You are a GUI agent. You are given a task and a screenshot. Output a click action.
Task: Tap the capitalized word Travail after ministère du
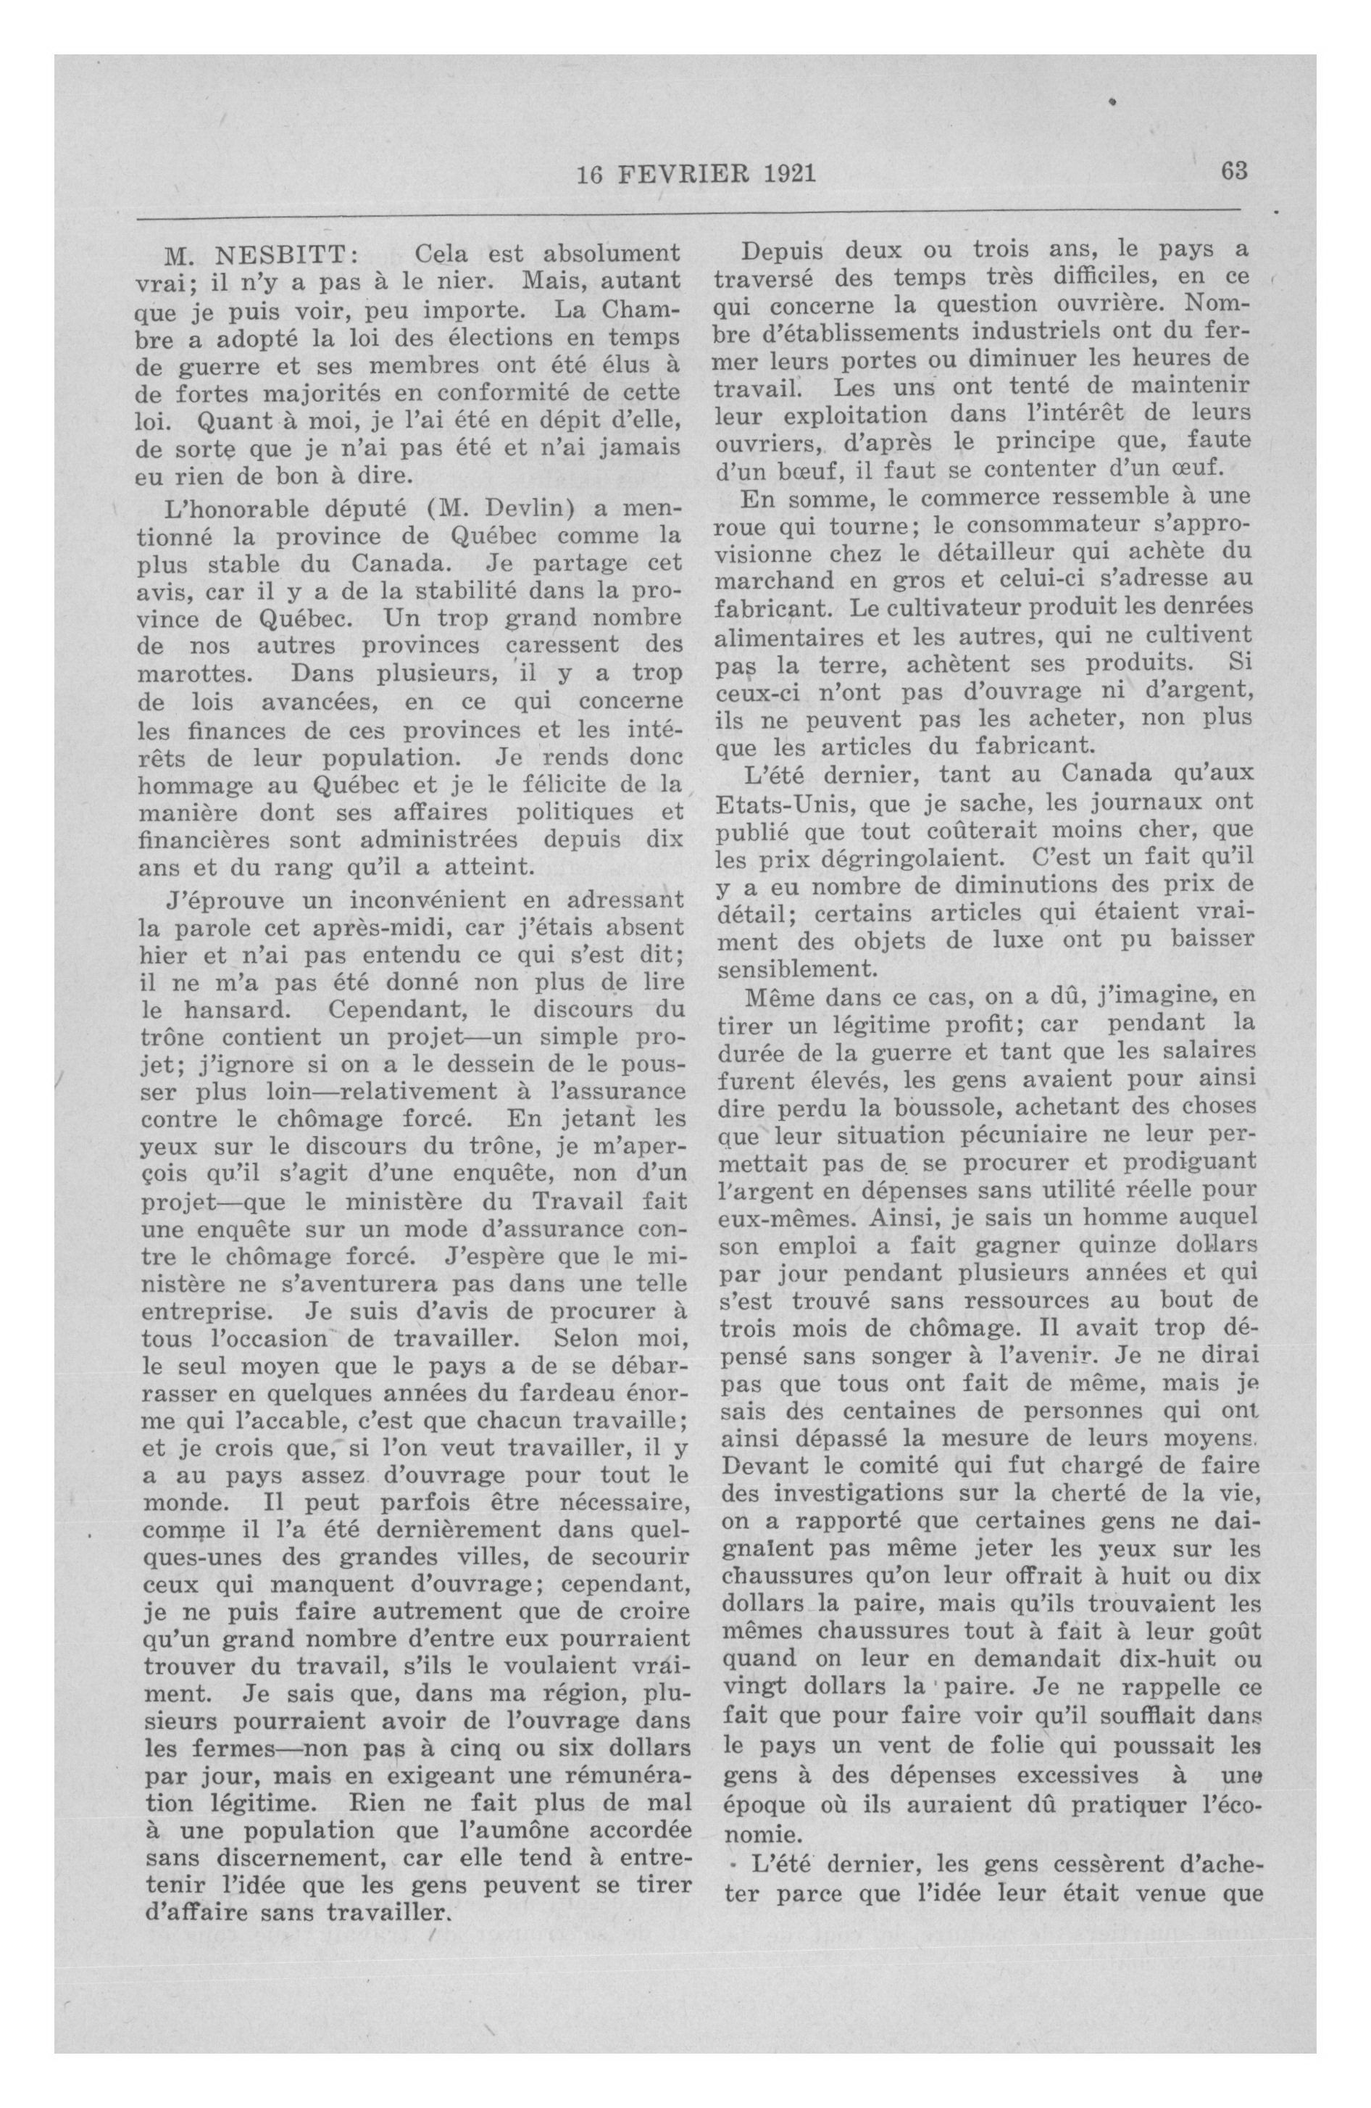pyautogui.click(x=582, y=1202)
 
